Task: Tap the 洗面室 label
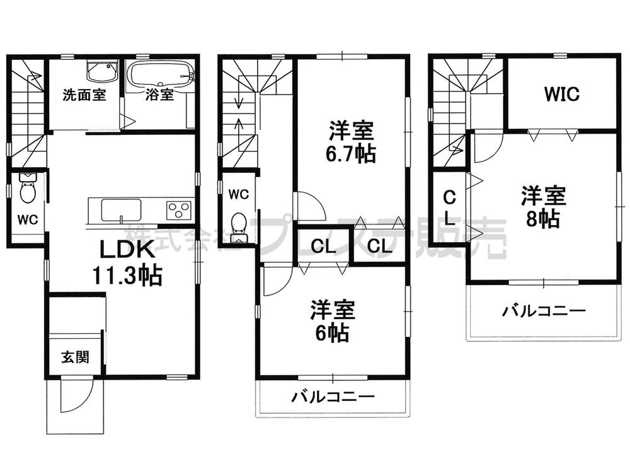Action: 84,96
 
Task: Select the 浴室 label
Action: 160,95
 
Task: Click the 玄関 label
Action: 74,357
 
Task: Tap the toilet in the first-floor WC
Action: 27,189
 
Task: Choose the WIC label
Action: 562,95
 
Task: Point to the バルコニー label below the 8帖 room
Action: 544,311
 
